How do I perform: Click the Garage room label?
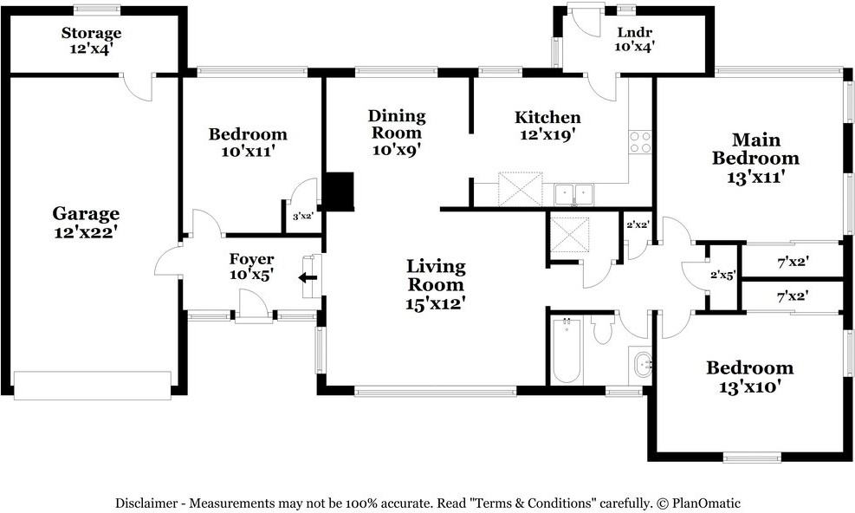tap(86, 222)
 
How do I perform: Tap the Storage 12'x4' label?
tap(91, 41)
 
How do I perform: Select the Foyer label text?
tap(251, 259)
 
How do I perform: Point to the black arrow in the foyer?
tap(308, 278)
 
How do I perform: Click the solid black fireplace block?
tap(340, 191)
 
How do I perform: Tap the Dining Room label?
tap(397, 124)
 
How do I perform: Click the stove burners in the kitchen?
tap(640, 142)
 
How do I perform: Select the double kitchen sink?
tap(573, 195)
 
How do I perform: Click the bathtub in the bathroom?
tap(566, 350)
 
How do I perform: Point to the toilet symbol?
tap(603, 329)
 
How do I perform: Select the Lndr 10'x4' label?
tap(634, 40)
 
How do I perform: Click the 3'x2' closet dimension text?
tap(302, 217)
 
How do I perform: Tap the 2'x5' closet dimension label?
tap(723, 276)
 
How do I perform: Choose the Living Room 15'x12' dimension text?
tap(435, 303)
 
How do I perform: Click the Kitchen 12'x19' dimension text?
tap(548, 134)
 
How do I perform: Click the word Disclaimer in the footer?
tap(146, 503)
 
